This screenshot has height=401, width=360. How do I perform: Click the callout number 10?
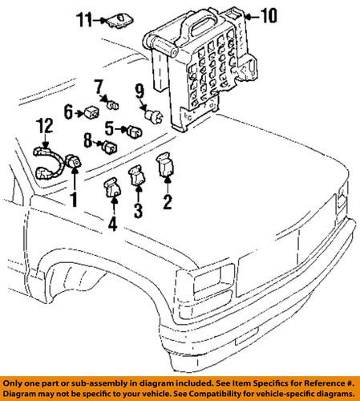267,15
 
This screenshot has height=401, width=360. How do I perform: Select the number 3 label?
137,211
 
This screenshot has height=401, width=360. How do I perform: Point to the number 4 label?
112,225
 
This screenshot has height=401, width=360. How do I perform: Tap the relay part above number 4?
111,188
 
